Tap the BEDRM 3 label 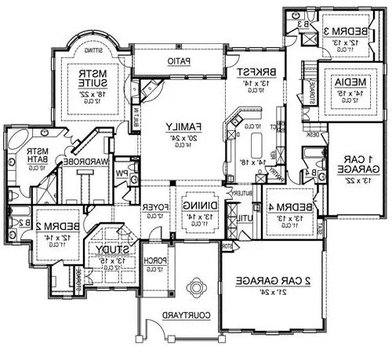[x=347, y=30]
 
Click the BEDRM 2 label [x=52, y=215]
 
